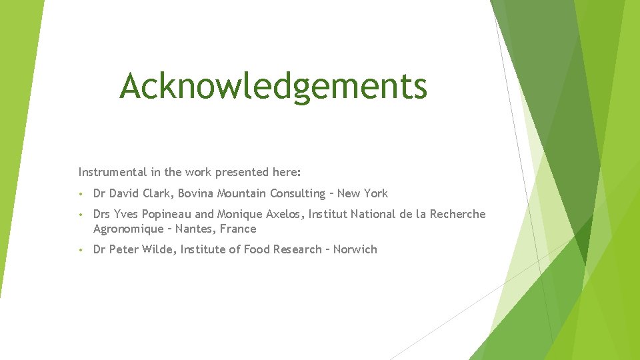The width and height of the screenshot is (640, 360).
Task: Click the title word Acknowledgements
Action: point(273,86)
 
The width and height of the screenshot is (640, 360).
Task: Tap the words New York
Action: point(362,193)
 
